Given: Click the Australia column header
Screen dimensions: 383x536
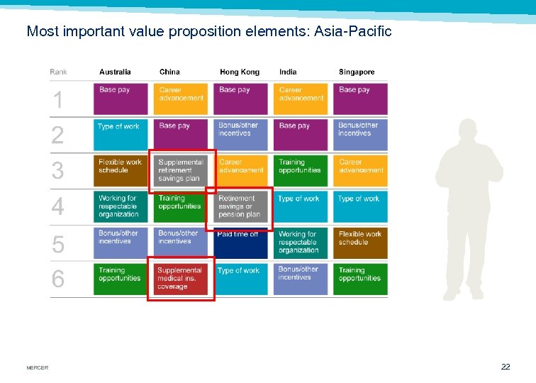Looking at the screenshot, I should [115, 72].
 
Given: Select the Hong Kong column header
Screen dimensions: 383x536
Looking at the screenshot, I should [239, 72].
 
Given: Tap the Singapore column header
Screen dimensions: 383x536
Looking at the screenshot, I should [357, 72].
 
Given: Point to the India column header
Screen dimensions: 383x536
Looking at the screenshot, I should [288, 72].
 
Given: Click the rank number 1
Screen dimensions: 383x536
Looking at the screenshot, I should [58, 100].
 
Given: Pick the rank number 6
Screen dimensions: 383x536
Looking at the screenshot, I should [58, 279].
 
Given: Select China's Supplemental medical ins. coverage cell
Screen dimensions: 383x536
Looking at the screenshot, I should [181, 279].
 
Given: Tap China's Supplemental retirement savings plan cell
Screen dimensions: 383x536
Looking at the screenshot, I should [181, 171].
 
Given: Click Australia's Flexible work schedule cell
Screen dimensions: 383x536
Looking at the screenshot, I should [121, 171].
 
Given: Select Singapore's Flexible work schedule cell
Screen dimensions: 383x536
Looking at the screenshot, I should [361, 243].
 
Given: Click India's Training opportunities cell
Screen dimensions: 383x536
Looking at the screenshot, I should [301, 171].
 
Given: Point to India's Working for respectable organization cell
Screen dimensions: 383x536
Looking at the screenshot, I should [301, 243].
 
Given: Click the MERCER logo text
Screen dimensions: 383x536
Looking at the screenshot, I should [37, 368].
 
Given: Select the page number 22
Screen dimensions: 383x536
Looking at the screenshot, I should [505, 367].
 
